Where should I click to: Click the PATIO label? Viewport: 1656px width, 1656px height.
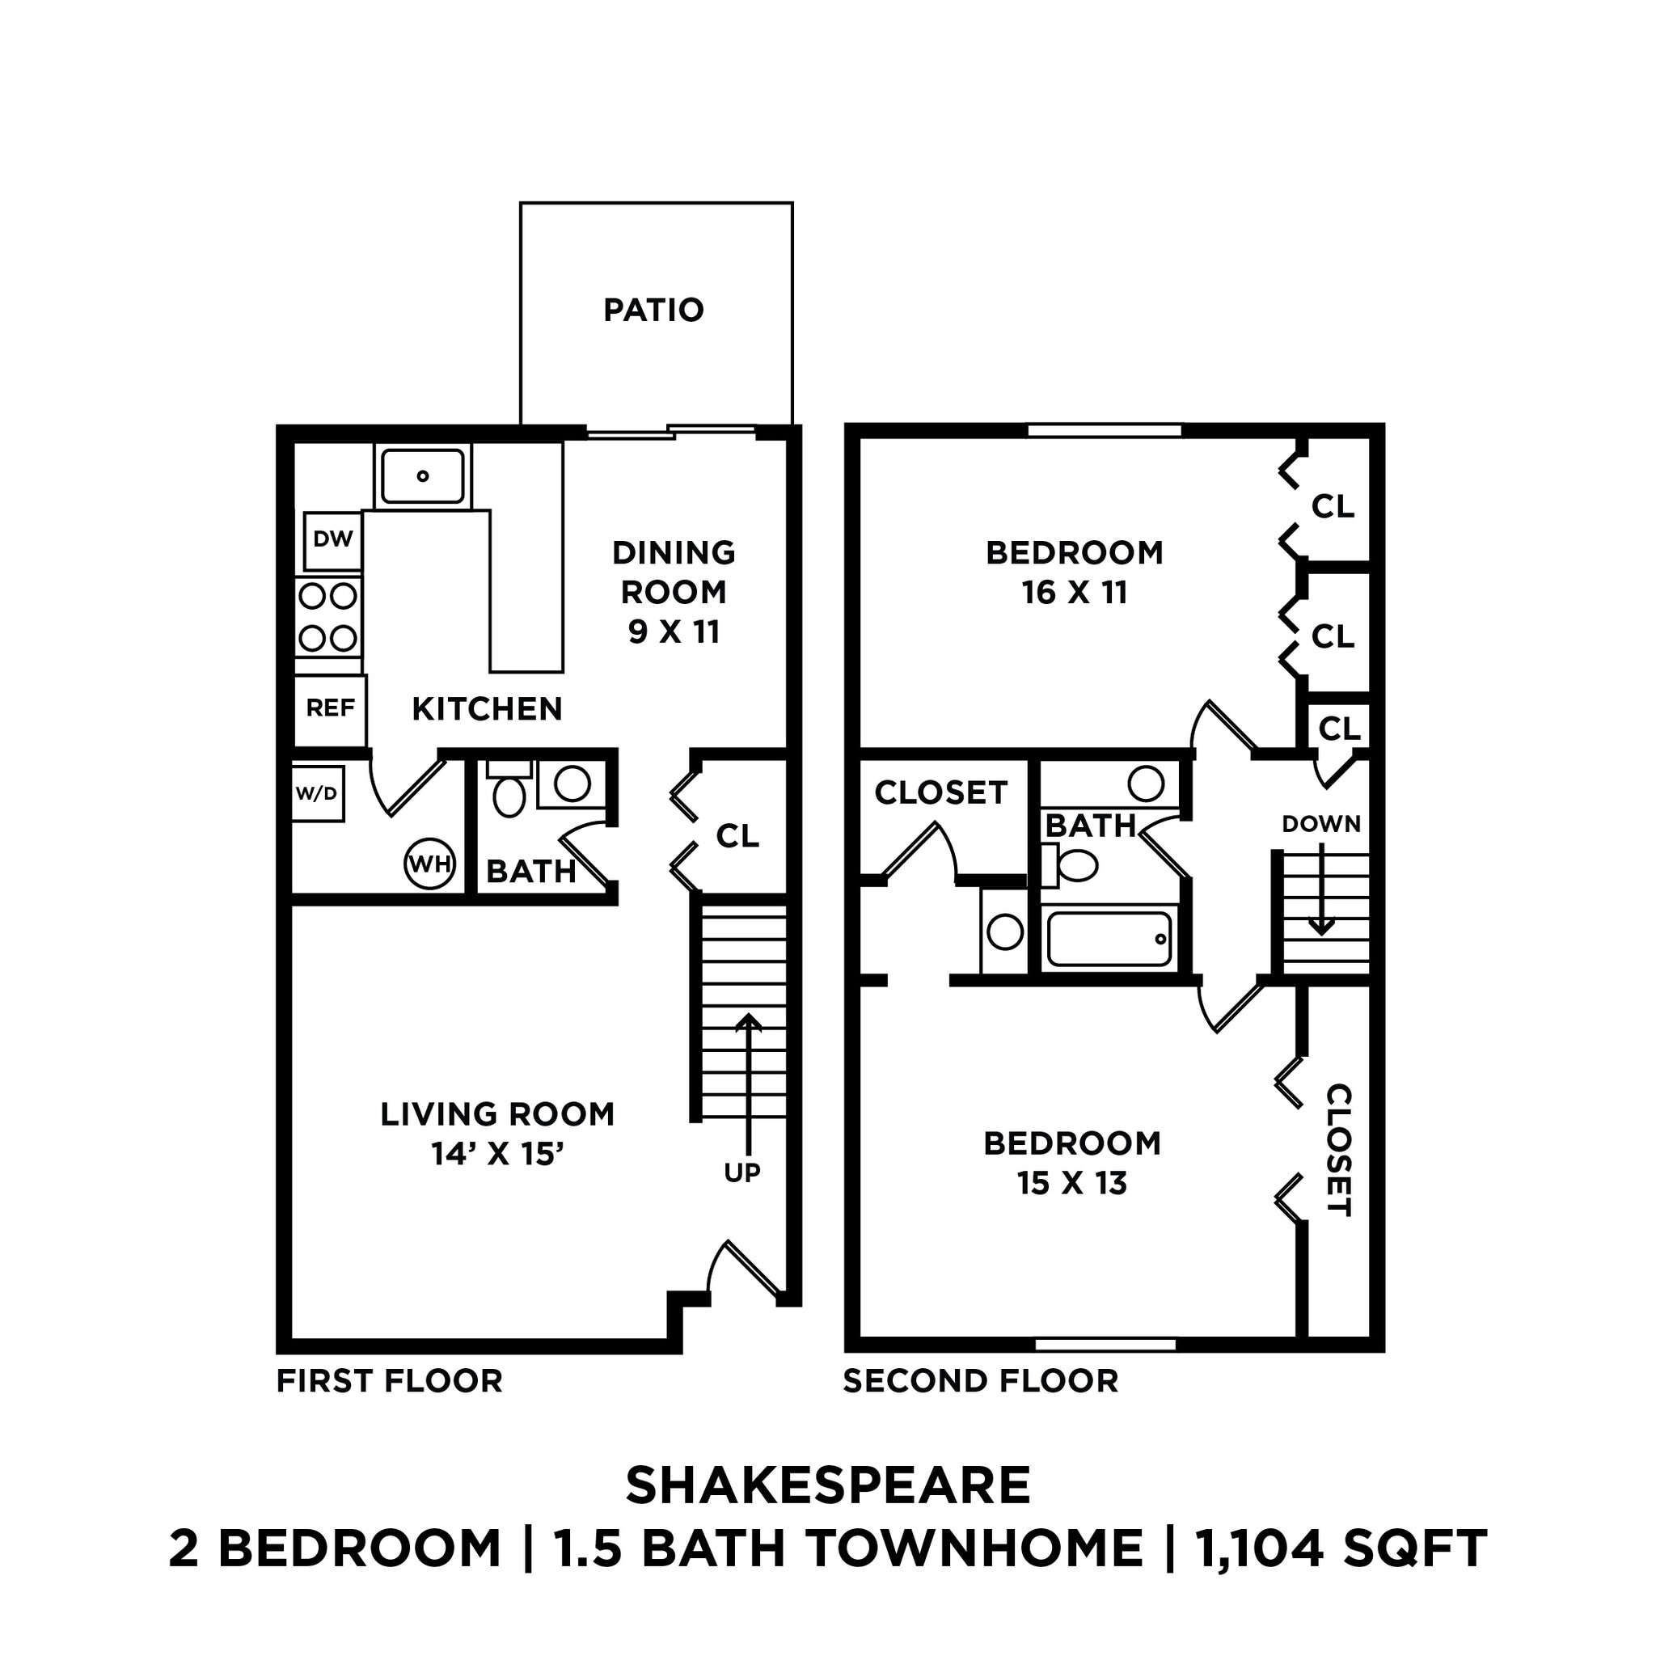click(653, 310)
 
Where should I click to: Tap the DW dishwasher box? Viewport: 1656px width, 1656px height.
click(332, 540)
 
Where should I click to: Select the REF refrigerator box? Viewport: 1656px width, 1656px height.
click(330, 708)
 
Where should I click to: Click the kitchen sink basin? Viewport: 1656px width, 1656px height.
click(423, 475)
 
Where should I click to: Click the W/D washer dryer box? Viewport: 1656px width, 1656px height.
click(316, 794)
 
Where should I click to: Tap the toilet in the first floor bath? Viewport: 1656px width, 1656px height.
click(509, 795)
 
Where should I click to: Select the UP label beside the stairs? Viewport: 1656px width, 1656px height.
click(741, 1173)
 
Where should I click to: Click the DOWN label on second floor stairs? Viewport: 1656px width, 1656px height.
click(1321, 825)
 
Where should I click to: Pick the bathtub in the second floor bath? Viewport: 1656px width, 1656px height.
click(1109, 940)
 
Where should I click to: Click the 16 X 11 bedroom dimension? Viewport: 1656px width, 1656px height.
click(1074, 594)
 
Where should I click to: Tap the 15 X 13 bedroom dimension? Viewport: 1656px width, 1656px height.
click(1071, 1184)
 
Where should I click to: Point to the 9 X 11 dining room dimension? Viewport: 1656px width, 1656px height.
click(674, 632)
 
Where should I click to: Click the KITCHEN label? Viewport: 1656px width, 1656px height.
click(487, 709)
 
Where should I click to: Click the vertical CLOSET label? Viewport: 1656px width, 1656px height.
click(1338, 1150)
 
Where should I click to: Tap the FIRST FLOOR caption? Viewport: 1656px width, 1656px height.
click(389, 1381)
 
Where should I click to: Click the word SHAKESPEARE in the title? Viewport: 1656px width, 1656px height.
click(827, 1485)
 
